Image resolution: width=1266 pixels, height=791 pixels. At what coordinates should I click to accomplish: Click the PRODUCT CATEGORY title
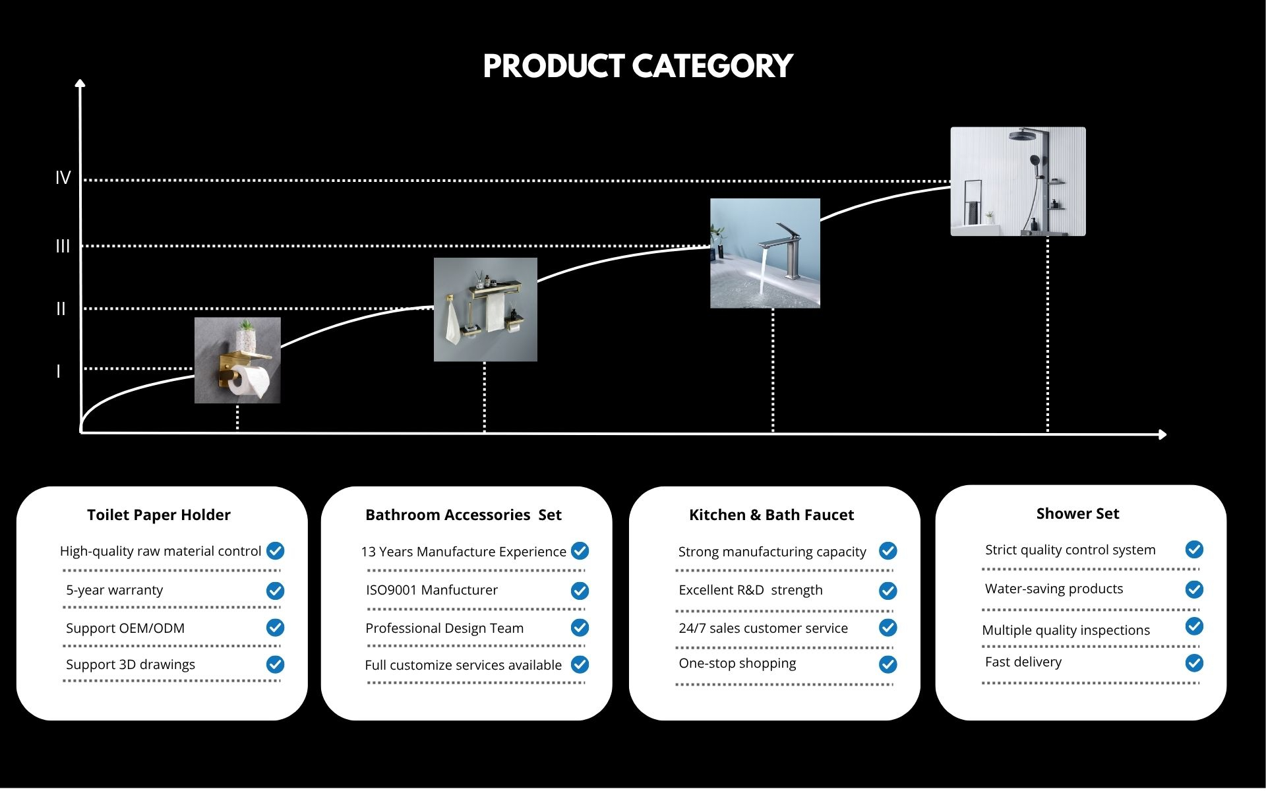(x=638, y=67)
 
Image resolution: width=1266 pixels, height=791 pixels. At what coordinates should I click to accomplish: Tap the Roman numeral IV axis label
(x=63, y=178)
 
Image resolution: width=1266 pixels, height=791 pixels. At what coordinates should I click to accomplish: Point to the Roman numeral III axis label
(x=63, y=247)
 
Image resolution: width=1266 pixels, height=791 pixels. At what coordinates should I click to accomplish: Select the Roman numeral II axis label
(x=61, y=308)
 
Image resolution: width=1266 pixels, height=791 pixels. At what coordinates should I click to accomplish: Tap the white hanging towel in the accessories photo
(x=452, y=324)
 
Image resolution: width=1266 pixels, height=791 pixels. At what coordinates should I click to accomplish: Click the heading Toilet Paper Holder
(x=159, y=515)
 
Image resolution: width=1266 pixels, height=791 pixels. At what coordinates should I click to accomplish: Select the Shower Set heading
(x=1077, y=513)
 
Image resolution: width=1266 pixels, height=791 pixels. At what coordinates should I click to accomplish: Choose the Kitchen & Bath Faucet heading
(x=771, y=515)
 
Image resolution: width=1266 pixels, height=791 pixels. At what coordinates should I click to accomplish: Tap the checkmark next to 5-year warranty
(x=275, y=591)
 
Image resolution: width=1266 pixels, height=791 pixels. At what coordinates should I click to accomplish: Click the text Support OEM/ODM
(x=125, y=628)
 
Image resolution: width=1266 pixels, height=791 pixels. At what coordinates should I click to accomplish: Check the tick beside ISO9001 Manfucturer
(x=580, y=591)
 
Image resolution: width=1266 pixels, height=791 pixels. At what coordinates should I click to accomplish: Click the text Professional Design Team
(x=444, y=628)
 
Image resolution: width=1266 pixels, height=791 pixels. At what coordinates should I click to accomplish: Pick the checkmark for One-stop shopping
(x=888, y=664)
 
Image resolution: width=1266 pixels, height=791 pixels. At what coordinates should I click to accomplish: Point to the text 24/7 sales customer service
(x=764, y=628)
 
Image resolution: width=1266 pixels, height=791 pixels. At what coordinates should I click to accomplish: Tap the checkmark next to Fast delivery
(x=1194, y=663)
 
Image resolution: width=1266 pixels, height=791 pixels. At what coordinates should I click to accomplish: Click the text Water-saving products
(x=1054, y=589)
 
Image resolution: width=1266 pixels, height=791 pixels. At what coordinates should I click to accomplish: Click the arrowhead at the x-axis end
(x=1162, y=434)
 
